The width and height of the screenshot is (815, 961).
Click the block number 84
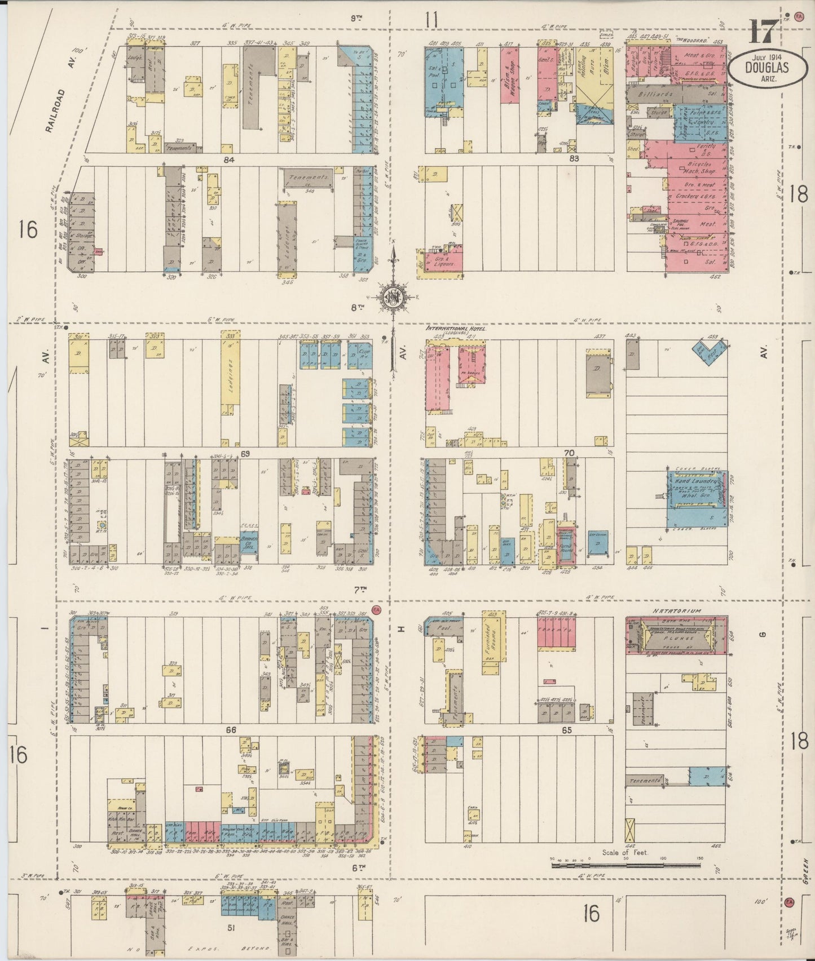point(228,160)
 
